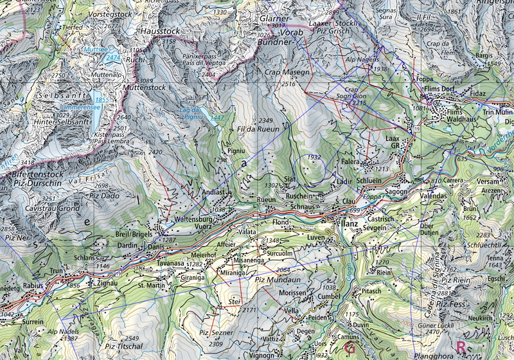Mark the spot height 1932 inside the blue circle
tap(314, 157)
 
